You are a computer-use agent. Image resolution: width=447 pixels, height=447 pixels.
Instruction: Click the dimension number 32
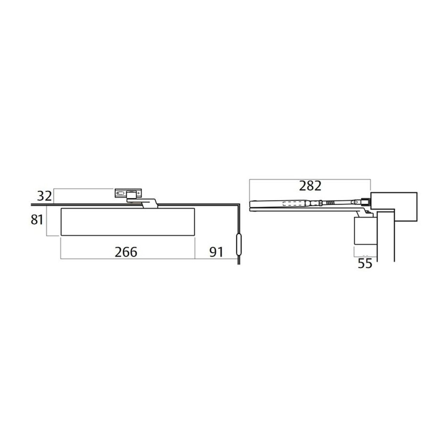[44, 196]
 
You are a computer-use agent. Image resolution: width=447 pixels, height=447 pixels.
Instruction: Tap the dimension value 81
[37, 220]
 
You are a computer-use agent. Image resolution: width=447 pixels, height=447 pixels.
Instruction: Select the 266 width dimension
[126, 252]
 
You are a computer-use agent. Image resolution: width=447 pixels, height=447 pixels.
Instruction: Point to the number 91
[216, 252]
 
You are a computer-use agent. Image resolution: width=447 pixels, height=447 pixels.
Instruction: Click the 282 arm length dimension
[310, 186]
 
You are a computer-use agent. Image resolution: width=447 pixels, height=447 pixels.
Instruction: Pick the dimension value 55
[365, 264]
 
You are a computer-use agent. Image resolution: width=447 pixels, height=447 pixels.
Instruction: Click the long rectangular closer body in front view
[128, 222]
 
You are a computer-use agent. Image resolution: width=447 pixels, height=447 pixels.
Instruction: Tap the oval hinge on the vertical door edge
[239, 245]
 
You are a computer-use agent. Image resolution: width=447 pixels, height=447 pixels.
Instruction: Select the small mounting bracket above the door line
[128, 193]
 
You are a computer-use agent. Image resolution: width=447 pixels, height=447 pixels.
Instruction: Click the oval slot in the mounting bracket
[120, 193]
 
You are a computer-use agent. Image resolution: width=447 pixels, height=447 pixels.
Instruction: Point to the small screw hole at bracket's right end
[138, 193]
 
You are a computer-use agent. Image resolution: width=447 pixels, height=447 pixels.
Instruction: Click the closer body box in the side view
[365, 231]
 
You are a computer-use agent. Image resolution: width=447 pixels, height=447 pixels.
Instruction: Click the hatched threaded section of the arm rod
[330, 203]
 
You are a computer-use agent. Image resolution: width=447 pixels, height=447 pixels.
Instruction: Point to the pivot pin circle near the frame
[356, 202]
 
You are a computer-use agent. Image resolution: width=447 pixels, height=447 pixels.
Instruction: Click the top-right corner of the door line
[239, 205]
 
